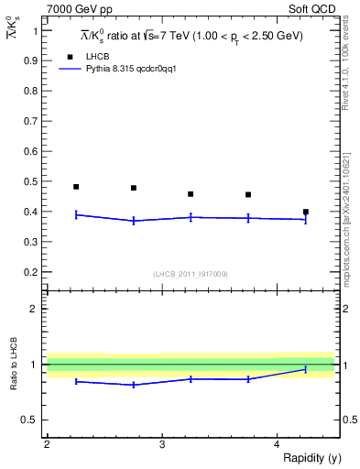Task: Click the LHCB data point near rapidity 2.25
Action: [76, 187]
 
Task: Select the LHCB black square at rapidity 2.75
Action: [134, 188]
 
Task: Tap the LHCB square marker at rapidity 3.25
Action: [191, 194]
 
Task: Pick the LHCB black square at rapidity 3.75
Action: [248, 194]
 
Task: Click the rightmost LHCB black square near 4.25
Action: [306, 212]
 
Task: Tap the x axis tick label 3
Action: [161, 444]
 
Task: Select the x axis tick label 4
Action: [277, 444]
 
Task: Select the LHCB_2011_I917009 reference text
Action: [191, 274]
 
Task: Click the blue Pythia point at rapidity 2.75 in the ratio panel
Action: [134, 385]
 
